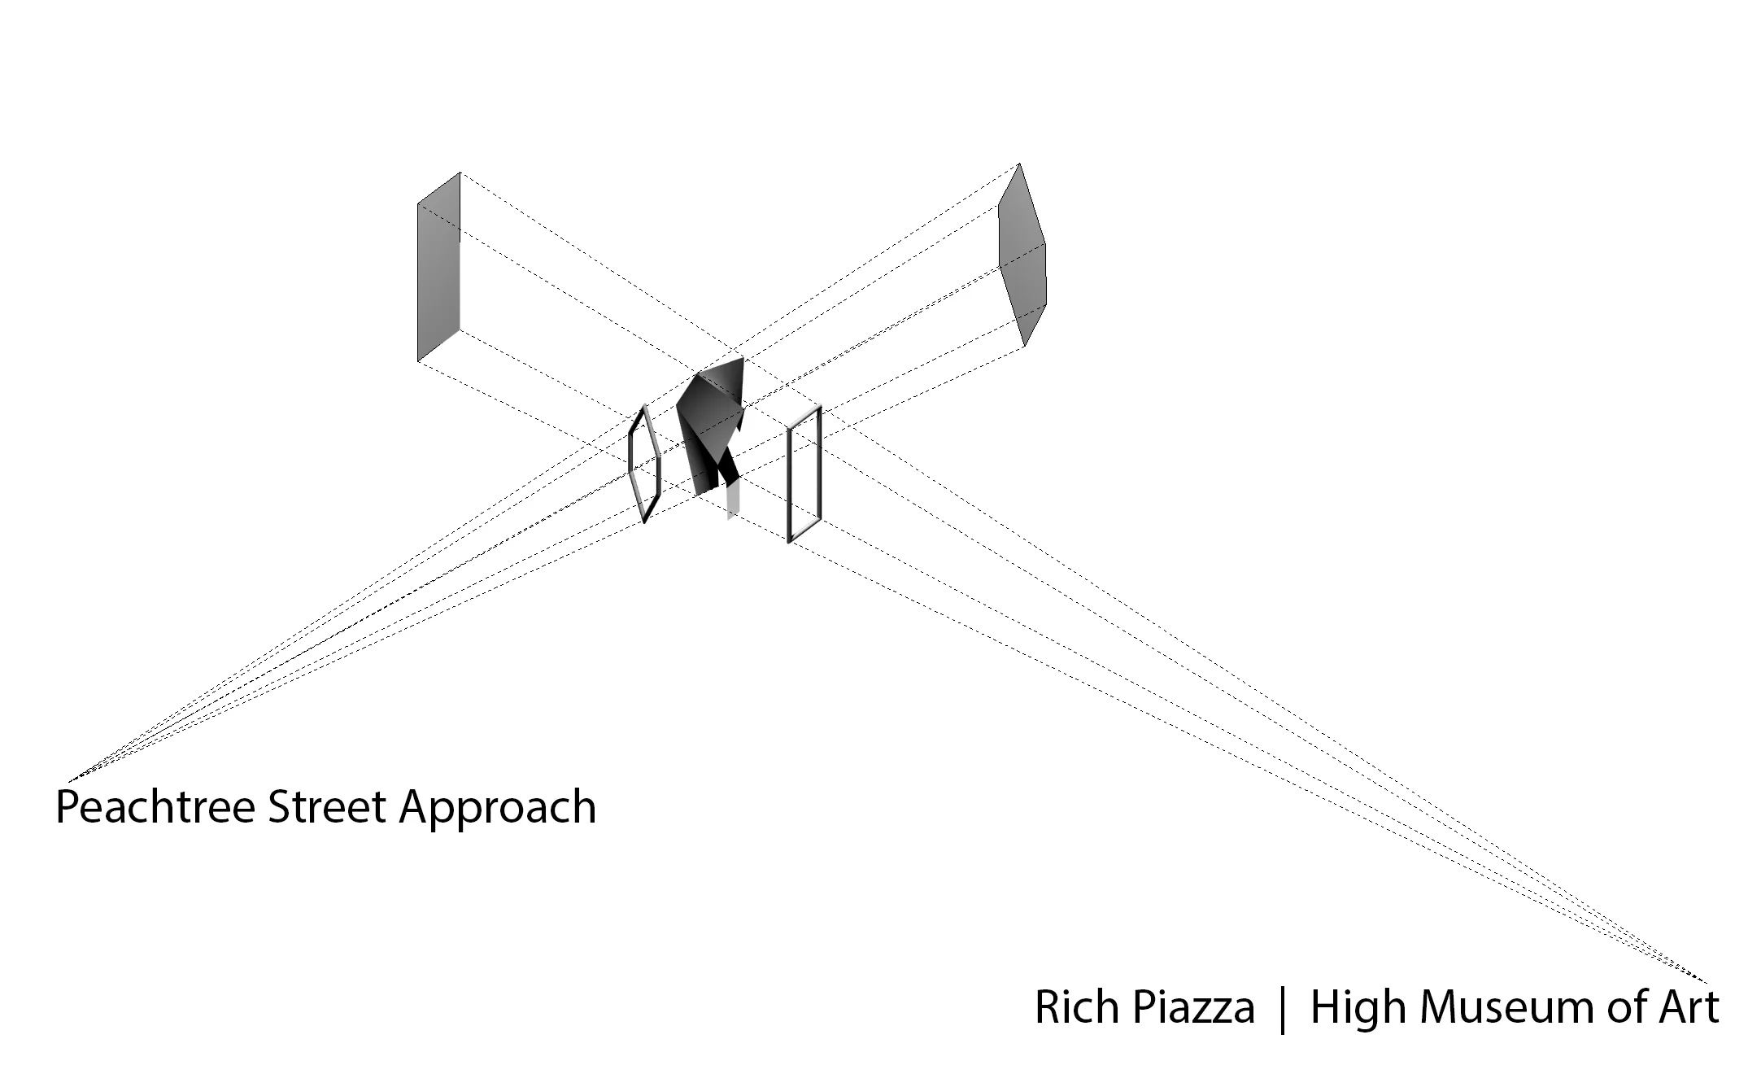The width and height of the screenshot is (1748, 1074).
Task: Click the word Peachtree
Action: tap(155, 808)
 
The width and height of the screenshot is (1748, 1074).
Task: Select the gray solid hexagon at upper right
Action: tap(1022, 256)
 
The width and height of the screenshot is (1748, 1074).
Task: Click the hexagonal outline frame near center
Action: tap(644, 463)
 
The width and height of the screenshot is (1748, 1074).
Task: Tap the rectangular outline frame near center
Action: tap(804, 474)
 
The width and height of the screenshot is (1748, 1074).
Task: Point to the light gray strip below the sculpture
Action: tap(734, 500)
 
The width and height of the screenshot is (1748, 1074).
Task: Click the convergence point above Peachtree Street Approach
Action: tap(68, 780)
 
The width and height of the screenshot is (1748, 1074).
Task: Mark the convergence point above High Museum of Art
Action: tap(1707, 981)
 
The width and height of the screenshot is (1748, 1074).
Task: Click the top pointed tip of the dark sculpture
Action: tap(741, 358)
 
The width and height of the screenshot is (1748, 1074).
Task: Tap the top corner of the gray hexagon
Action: tap(1019, 164)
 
